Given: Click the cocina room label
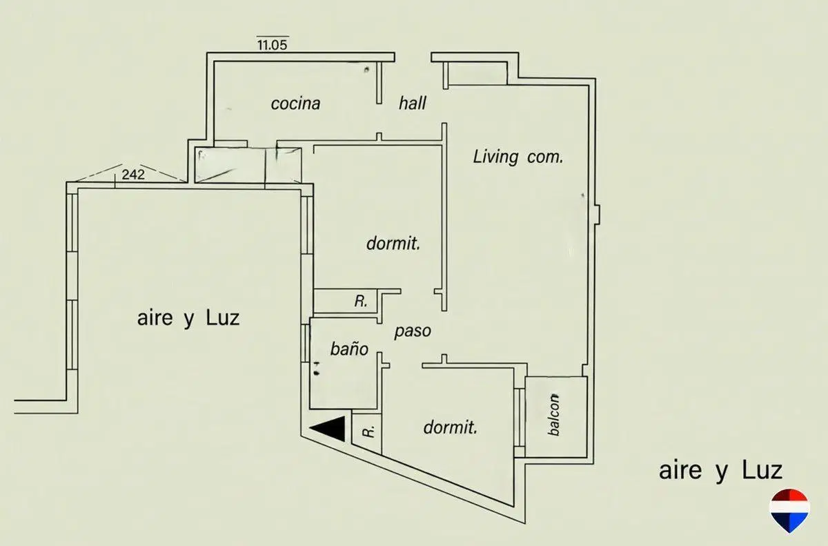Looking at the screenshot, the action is (295, 104).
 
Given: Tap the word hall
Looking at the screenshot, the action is (412, 103).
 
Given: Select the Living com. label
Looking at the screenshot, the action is (518, 157).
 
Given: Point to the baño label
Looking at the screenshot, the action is (349, 349).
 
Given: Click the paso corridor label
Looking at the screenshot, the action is (413, 331).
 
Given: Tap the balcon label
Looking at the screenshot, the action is (553, 414).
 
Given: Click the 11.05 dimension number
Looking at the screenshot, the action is (273, 45).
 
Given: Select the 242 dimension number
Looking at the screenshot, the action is (133, 175).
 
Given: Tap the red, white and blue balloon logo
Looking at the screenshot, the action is (789, 511).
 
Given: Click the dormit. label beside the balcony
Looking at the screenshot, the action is (450, 427).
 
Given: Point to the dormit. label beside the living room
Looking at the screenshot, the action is (393, 244).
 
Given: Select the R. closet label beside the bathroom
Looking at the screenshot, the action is (361, 301).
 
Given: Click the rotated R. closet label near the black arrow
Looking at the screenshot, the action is (369, 431).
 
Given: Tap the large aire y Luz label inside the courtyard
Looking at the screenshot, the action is (188, 318).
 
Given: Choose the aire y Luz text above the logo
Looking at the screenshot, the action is (721, 471).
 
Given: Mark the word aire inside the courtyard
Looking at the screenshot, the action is (155, 318).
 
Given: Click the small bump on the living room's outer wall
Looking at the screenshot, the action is (598, 215).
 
